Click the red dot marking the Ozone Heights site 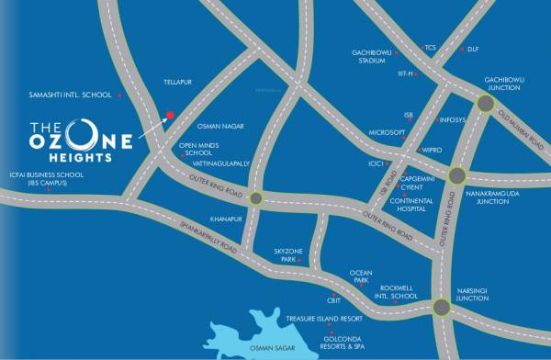169,116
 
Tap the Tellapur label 175,81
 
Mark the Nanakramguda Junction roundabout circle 456,175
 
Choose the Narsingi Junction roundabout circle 442,307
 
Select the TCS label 430,47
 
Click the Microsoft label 387,132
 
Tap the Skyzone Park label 287,255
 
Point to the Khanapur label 225,219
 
